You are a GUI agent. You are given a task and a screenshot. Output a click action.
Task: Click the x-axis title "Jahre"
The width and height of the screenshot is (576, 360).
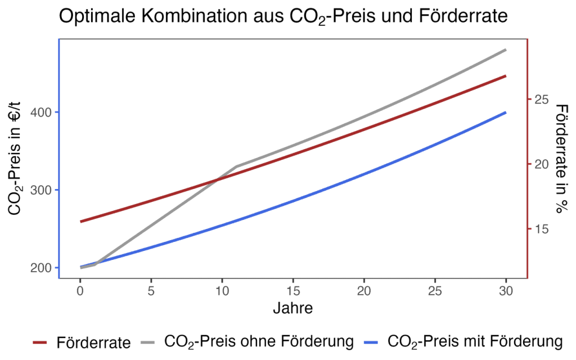[x=292, y=308]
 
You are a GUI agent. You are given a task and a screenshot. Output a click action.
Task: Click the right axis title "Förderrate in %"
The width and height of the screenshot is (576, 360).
[x=560, y=158]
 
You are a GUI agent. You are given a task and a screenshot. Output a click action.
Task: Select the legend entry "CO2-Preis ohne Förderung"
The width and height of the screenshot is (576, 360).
[x=258, y=341]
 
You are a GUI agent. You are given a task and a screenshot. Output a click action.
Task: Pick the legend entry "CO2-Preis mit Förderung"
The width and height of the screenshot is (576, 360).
[x=475, y=341]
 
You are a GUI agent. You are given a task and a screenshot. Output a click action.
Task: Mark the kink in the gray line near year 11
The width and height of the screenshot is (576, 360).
[x=236, y=166]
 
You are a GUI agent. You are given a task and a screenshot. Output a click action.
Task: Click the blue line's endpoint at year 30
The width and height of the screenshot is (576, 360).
[x=506, y=112]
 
